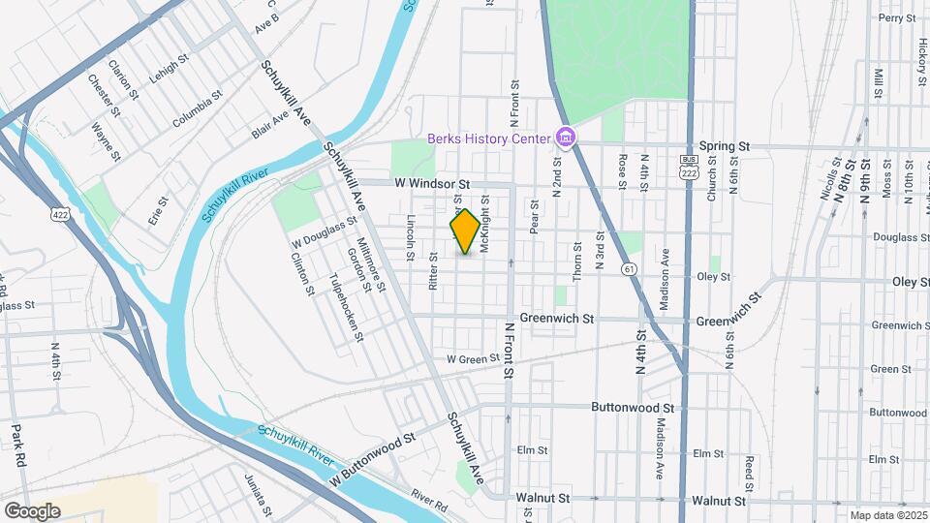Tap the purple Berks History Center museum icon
click(564, 139)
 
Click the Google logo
click(32, 510)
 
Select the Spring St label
click(730, 145)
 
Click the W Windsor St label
click(431, 183)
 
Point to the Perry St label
click(896, 17)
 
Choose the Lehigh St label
click(167, 68)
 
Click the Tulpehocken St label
click(346, 306)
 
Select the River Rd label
click(428, 500)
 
